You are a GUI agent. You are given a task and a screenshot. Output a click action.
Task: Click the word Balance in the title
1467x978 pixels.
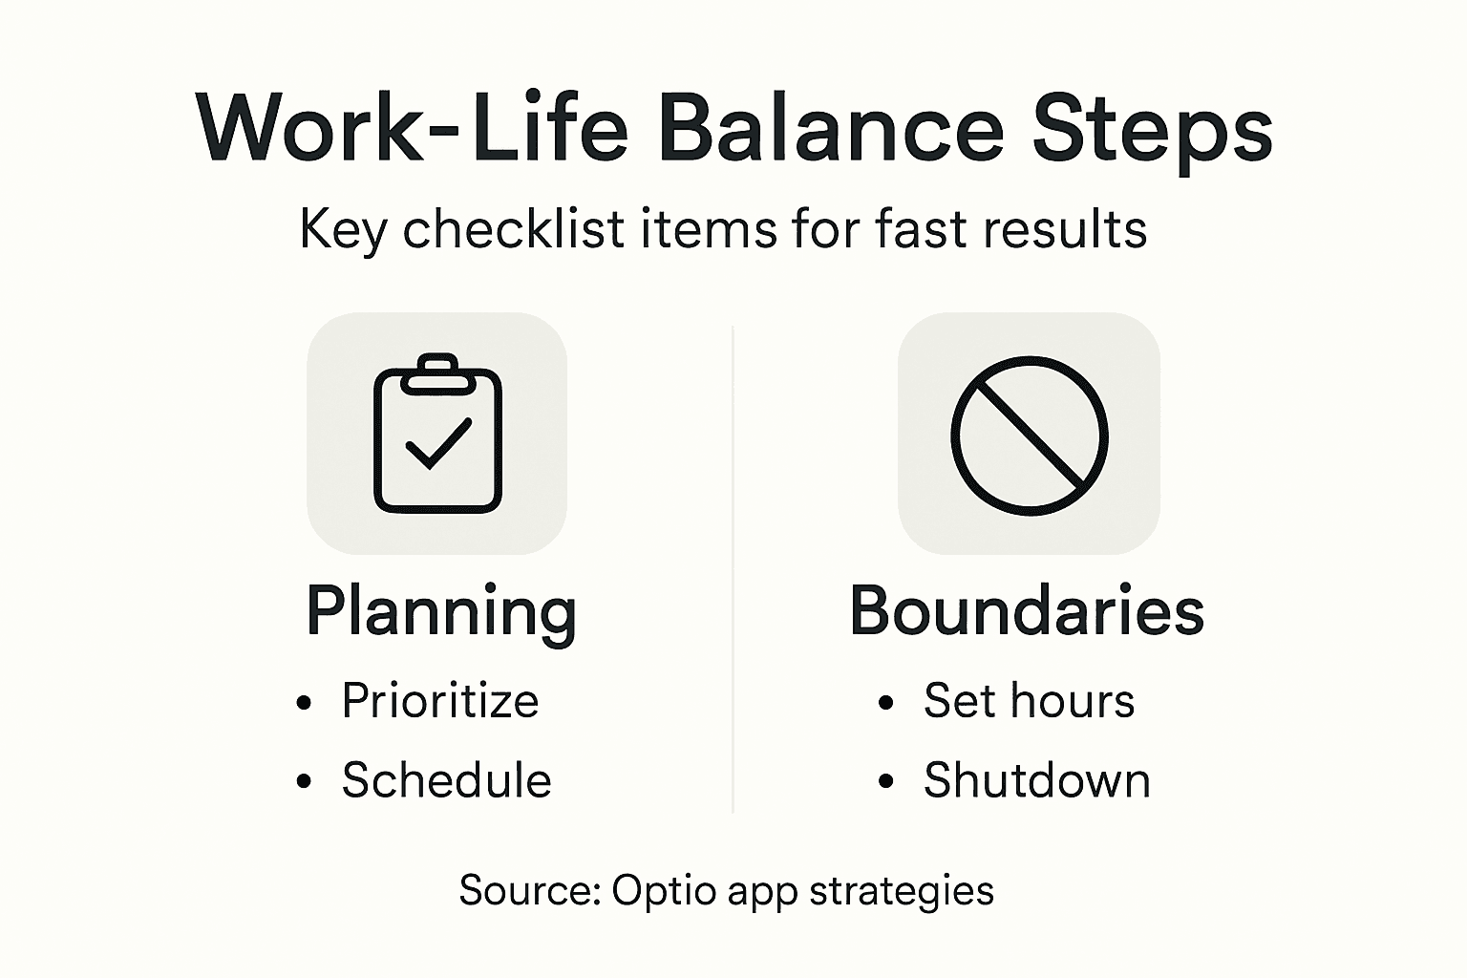(831, 128)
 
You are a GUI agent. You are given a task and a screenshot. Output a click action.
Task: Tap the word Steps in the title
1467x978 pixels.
(1153, 128)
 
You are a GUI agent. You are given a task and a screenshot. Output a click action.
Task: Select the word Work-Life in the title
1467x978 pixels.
(412, 128)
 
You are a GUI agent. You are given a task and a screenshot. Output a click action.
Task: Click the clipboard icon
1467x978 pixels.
(437, 435)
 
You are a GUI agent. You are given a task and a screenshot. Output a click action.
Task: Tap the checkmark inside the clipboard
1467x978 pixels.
(438, 443)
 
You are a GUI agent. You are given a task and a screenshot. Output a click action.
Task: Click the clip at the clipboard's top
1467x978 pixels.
(437, 373)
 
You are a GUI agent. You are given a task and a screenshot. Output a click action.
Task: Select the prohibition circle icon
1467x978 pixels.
(1030, 435)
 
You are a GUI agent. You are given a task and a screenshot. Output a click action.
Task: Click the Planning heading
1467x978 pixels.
(441, 611)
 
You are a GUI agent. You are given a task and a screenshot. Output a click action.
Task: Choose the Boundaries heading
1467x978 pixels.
(1027, 611)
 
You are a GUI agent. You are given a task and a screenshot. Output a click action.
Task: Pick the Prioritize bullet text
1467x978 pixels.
(440, 702)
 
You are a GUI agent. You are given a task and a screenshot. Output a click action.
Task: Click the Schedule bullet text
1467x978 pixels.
(446, 781)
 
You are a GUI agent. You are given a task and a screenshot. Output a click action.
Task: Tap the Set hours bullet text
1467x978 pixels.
(1029, 702)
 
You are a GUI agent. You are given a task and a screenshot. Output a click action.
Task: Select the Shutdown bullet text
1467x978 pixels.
(1036, 781)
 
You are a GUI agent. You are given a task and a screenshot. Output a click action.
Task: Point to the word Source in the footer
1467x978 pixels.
(528, 890)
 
